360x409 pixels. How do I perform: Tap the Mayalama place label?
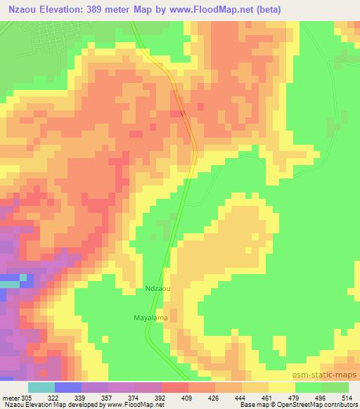click(149, 317)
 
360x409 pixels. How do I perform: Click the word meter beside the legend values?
click(11, 397)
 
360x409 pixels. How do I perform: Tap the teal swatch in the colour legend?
click(41, 387)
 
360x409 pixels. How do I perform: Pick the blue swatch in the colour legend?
click(67, 387)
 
